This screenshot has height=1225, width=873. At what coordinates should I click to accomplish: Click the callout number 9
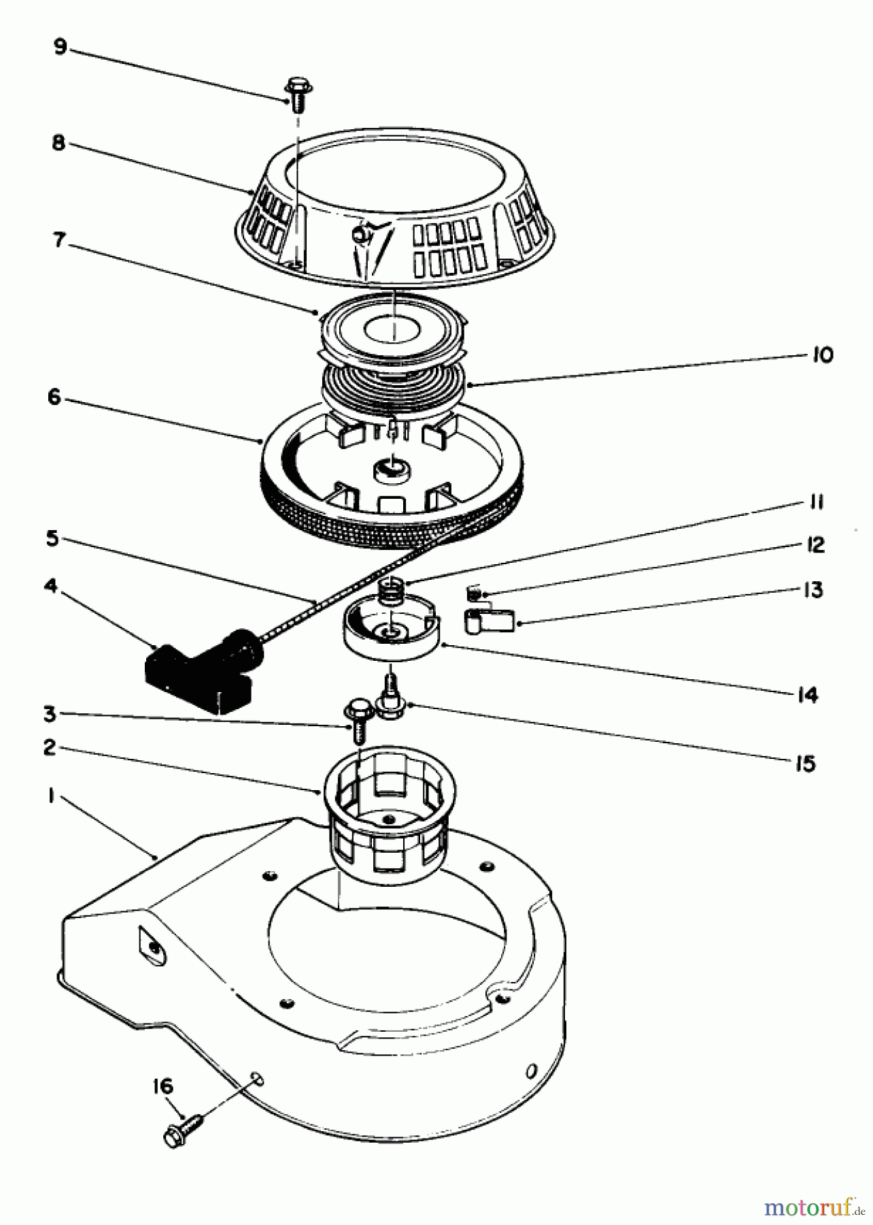[60, 48]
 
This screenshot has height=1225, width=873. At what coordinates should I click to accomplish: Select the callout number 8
[59, 143]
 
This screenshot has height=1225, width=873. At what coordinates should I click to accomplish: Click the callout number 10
[821, 355]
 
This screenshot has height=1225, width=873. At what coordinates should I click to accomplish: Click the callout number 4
[50, 586]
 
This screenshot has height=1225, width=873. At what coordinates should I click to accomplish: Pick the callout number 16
[162, 1086]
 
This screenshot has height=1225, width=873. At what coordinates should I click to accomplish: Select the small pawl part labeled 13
[490, 620]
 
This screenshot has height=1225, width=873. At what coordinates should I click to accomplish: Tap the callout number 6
[54, 397]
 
